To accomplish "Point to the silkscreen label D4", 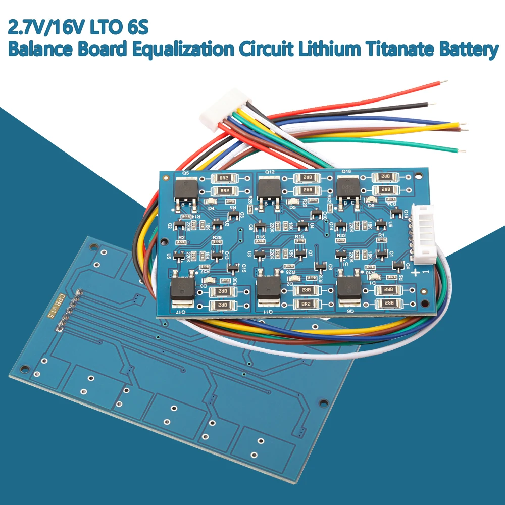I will pos(211,207).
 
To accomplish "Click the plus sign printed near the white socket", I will pos(415,273).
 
